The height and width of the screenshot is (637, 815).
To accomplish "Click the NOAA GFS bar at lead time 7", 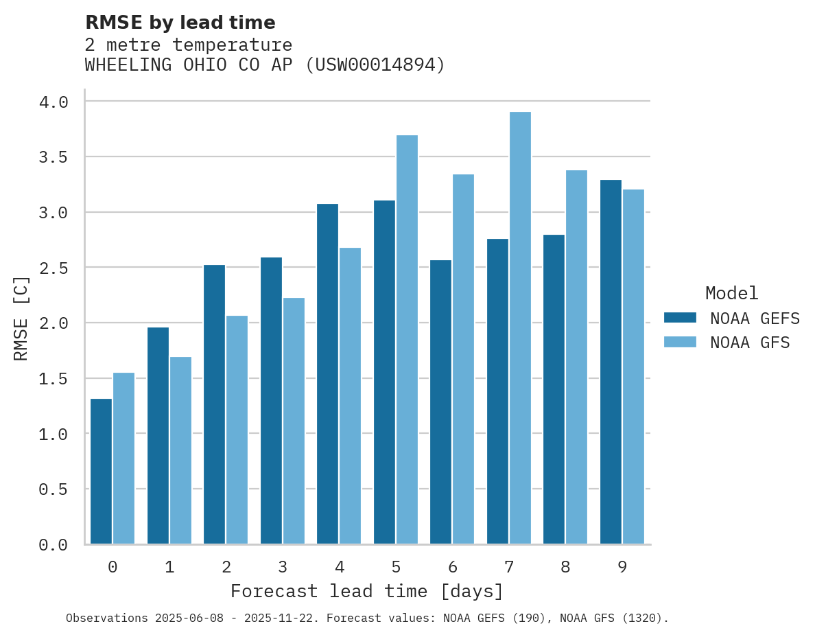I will (520, 328).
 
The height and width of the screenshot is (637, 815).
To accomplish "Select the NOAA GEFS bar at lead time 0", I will (101, 472).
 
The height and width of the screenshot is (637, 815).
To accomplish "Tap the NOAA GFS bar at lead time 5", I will (407, 340).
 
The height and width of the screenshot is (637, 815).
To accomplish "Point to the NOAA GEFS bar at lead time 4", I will (327, 374).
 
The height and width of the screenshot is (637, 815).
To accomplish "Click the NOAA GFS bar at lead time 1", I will (180, 450).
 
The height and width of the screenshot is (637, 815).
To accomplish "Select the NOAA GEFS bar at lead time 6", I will (440, 402).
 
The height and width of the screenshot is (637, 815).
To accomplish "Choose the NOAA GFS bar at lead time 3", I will (294, 421).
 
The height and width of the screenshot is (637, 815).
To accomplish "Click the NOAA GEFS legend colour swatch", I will (680, 318).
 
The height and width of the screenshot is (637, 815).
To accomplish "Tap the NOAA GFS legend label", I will (750, 343).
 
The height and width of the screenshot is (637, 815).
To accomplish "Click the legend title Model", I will (731, 293).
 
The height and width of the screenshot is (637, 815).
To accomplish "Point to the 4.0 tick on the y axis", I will (54, 102).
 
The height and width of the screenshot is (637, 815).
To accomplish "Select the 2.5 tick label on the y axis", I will (54, 268).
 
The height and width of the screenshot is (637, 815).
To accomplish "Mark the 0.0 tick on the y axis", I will (54, 545).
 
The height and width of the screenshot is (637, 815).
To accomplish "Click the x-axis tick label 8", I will (565, 567).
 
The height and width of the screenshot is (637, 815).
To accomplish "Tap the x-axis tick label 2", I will (226, 567).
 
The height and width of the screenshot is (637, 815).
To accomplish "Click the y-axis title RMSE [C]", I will (21, 318).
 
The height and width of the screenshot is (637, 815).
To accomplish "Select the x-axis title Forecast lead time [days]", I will (367, 591).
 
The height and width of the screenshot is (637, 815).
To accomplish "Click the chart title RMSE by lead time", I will (180, 23).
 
